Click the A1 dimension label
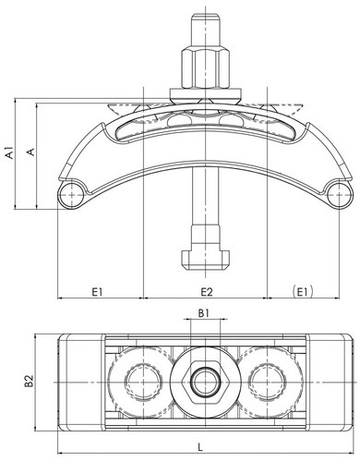[x=10, y=152]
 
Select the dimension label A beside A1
[x=31, y=152]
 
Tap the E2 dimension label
[x=207, y=291]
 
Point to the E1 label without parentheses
[x=97, y=291]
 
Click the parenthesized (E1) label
[x=303, y=291]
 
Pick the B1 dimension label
[x=204, y=313]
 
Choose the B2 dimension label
[x=30, y=381]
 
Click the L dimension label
[x=200, y=447]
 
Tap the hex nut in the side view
[x=205, y=67]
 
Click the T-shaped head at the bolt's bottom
[x=205, y=260]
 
